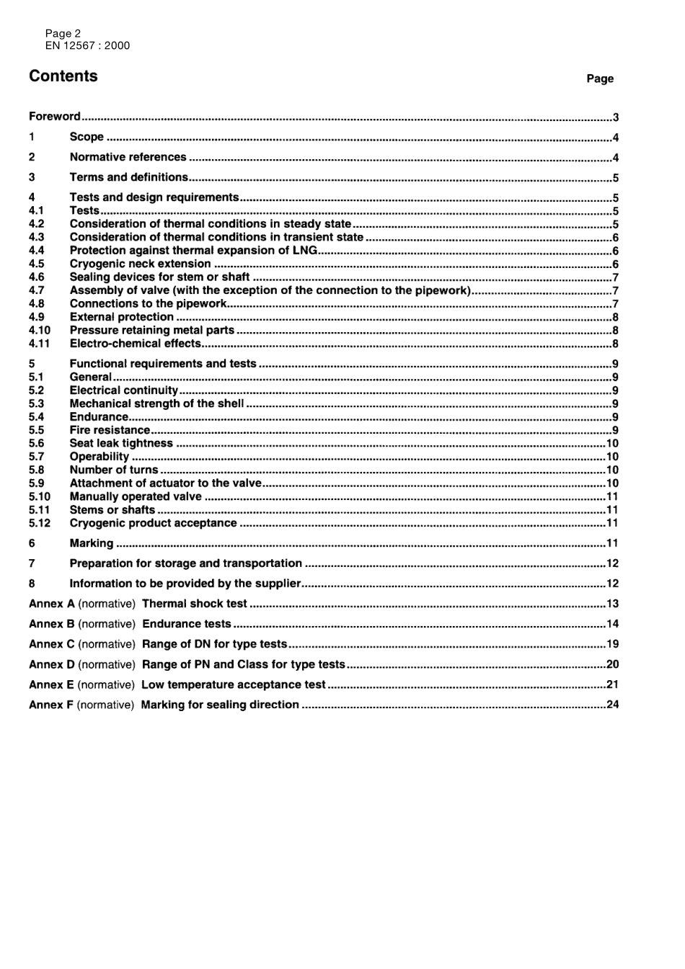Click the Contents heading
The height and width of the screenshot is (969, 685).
pos(63,76)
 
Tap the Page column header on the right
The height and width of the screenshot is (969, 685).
pos(600,79)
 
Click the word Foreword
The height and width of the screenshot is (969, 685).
pos(55,116)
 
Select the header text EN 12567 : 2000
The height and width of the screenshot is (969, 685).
pos(87,45)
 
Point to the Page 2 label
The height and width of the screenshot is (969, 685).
pos(63,33)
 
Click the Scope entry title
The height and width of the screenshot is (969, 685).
pos(87,137)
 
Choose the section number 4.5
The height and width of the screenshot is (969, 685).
pos(37,264)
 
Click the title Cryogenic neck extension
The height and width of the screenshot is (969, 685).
pos(140,264)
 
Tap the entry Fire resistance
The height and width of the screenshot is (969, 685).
pos(110,430)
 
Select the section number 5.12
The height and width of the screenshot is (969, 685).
pos(40,523)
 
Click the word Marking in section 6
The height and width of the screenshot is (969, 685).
pos(92,543)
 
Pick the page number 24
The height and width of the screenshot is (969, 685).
pos(613,705)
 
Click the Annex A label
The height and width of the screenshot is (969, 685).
pos(52,604)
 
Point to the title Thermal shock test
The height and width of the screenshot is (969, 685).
pos(195,604)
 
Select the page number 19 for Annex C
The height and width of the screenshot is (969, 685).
pos(613,644)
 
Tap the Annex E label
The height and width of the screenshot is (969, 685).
pos(51,684)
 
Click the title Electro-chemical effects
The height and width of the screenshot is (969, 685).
pos(135,344)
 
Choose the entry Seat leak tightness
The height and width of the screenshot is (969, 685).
pos(121,443)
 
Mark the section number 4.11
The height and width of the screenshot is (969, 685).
pos(40,344)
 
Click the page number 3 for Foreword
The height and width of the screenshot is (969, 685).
pos(616,117)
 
